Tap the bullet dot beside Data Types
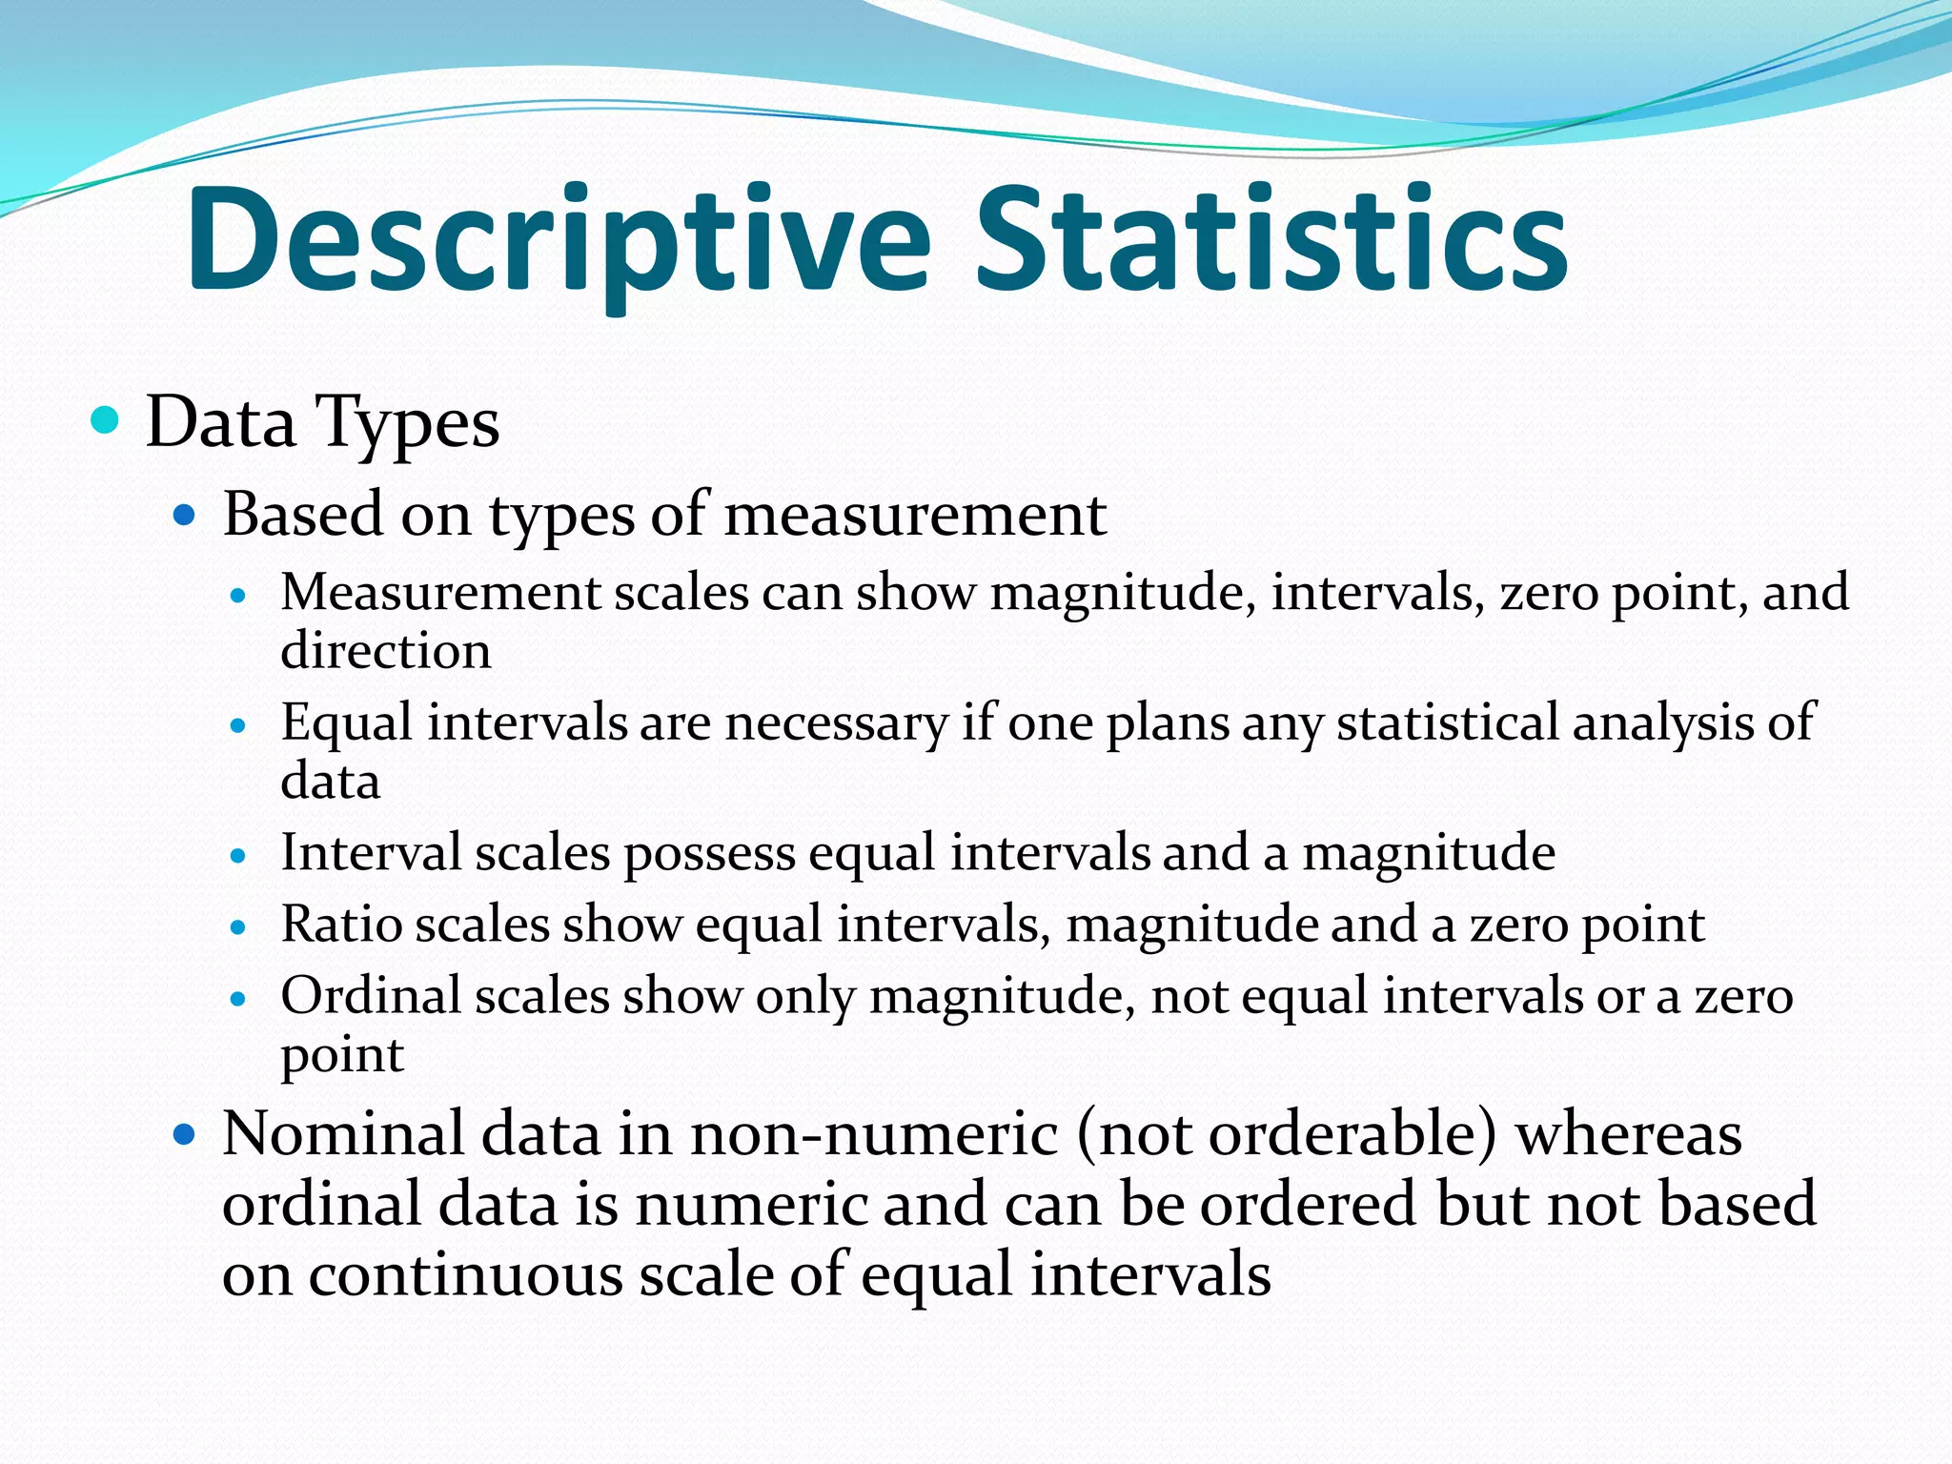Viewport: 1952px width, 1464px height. [104, 419]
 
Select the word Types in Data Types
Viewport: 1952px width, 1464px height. [407, 424]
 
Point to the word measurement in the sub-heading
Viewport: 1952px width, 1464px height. [915, 516]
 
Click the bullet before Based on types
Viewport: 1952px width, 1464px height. [184, 517]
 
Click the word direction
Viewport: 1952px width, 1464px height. [386, 651]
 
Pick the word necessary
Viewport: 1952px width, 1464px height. [836, 722]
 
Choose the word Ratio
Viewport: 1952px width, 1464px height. [340, 925]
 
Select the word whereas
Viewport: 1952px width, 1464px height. [1628, 1136]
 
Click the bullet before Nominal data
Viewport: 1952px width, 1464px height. [184, 1135]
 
